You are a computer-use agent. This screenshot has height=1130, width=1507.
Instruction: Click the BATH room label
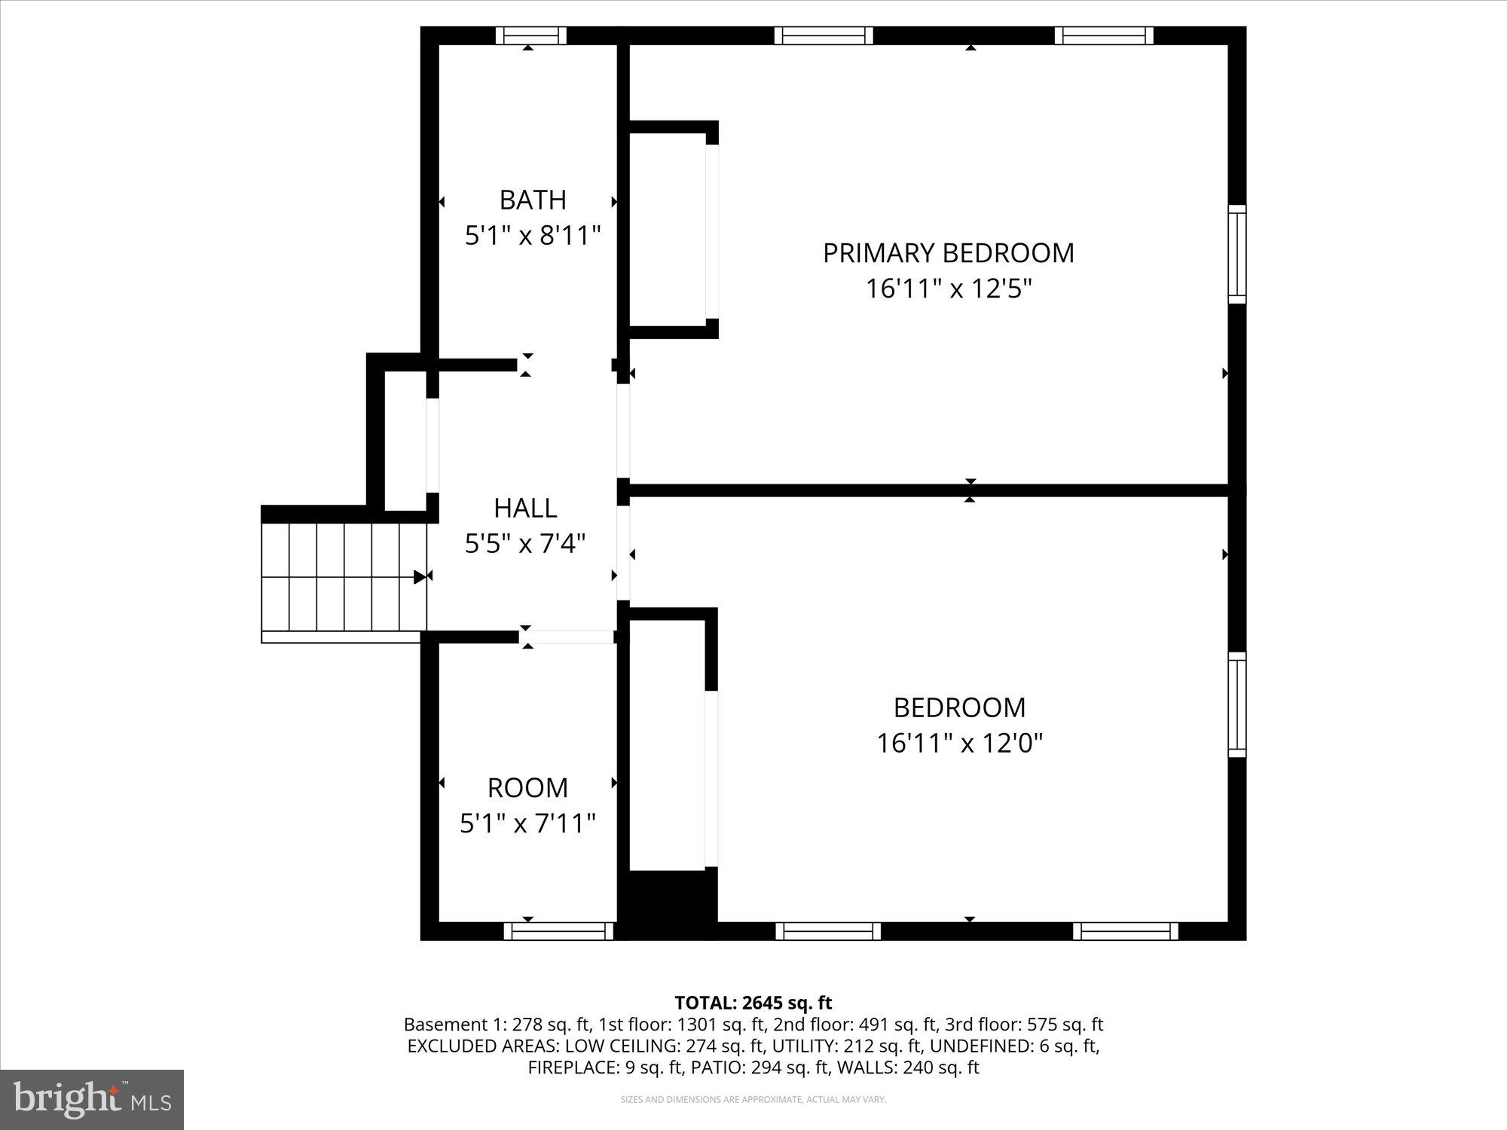point(533,200)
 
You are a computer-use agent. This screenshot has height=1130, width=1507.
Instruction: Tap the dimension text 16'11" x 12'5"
point(948,289)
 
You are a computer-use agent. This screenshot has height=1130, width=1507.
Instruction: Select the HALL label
point(525,508)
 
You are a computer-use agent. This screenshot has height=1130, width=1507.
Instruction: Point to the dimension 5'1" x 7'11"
point(527,823)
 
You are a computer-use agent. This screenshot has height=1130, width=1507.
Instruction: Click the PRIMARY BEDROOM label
point(948,253)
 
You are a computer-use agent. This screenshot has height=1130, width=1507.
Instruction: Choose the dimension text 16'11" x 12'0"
point(959,744)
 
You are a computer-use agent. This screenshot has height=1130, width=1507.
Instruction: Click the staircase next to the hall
point(344,576)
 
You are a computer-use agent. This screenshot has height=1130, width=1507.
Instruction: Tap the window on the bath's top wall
point(531,35)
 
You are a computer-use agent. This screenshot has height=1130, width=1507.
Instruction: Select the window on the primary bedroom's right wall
point(1236,254)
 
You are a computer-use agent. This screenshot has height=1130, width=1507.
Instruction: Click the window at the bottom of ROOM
point(558,931)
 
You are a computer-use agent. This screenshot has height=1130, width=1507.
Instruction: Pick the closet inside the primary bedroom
point(668,231)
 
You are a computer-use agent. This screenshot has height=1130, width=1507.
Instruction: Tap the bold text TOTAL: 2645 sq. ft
point(753,1003)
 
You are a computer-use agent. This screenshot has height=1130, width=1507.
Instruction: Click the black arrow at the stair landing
point(420,577)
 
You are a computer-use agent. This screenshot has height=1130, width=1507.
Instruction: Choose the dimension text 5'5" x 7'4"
point(525,543)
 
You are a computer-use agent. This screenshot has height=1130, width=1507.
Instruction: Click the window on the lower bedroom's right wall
point(1236,704)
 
